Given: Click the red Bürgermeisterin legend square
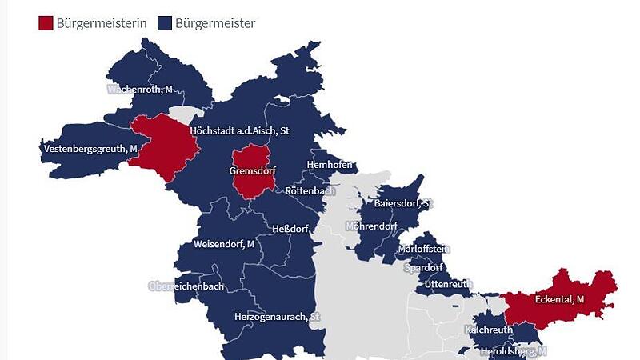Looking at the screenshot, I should coord(46,23).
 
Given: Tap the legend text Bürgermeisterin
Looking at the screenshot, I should coord(102,23).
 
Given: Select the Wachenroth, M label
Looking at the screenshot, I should coord(140,90).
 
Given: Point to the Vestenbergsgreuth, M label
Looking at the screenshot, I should coord(90,149).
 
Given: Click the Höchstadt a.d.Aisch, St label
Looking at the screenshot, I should coord(239,130).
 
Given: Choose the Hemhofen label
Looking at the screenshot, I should coord(330,165).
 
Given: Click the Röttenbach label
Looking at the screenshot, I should coord(310,191).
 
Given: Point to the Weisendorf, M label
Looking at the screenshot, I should coord(223,243).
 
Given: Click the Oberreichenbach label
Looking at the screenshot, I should coord(186,286).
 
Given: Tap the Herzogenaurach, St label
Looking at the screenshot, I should coord(277,317).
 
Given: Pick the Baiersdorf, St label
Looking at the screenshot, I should coord(403,203).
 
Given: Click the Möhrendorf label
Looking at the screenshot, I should coord(371,226).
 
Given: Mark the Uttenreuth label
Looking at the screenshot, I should coord(448,284).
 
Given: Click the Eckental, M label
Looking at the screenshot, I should coord(559,299).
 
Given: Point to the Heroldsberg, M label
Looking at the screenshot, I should coord(513,351).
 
